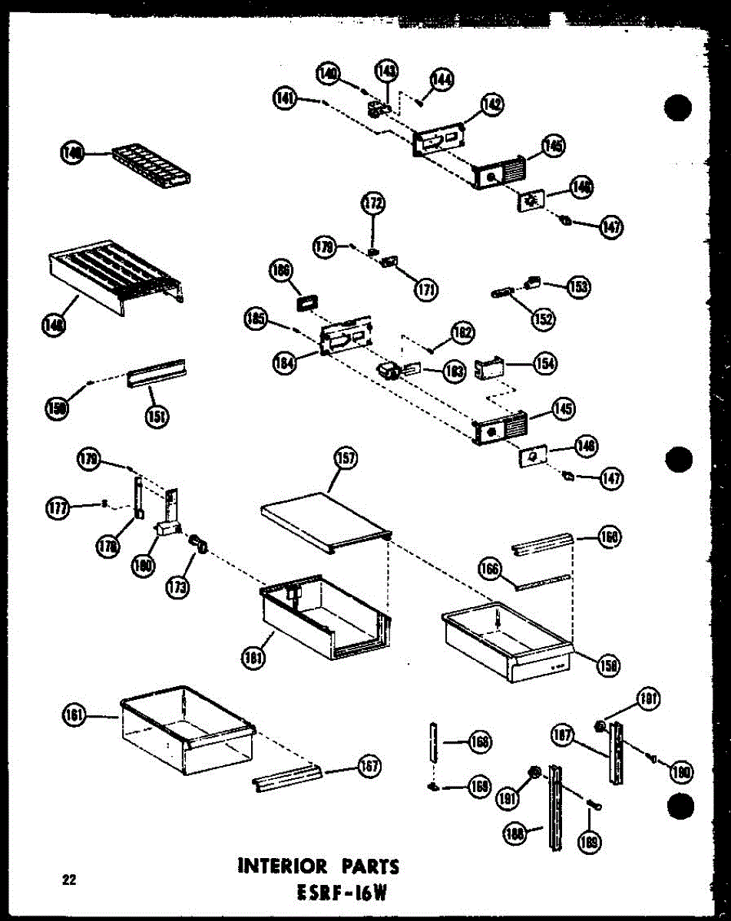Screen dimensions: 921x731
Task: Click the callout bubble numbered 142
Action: [x=492, y=104]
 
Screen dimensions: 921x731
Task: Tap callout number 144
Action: [x=442, y=79]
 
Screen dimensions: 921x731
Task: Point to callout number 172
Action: [x=373, y=204]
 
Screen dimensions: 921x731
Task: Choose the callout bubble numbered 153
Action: [x=578, y=286]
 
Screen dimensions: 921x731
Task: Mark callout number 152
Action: [x=543, y=318]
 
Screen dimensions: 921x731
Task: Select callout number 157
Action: [x=346, y=459]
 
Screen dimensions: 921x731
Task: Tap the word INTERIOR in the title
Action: [x=285, y=867]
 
